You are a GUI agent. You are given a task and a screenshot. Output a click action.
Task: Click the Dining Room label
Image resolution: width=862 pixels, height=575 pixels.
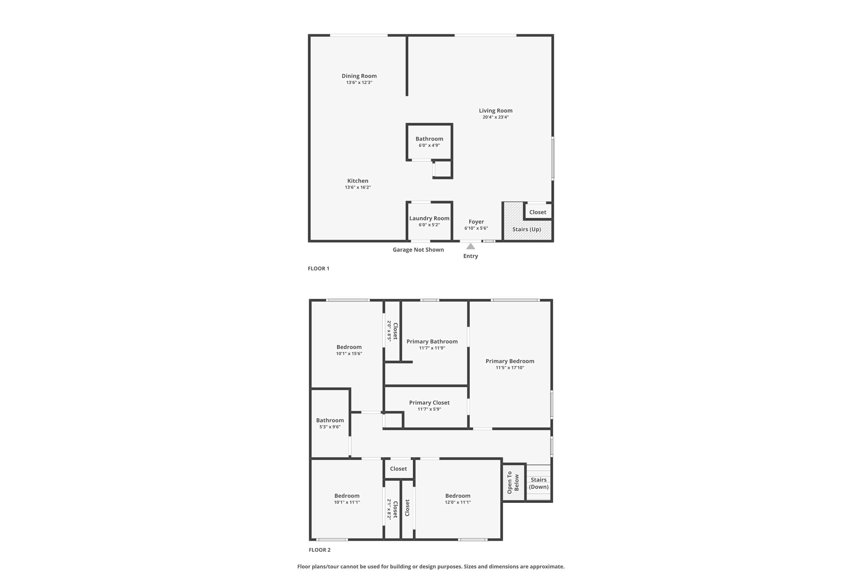coord(359,76)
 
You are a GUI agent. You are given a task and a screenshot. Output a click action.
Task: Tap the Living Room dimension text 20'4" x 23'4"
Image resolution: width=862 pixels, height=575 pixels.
coord(495,117)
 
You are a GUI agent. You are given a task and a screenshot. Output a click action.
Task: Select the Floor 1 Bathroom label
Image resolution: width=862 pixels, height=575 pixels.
coord(429,139)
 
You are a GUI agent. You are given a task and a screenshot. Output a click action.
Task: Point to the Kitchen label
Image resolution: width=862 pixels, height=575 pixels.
coord(358,181)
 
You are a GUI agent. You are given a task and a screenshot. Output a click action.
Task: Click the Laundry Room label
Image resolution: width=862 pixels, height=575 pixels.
coord(429,218)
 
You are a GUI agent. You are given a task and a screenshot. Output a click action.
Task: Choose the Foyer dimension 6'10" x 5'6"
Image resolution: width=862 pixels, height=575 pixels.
coord(476,228)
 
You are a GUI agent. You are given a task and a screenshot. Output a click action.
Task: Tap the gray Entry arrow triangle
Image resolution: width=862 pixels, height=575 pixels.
coord(471,246)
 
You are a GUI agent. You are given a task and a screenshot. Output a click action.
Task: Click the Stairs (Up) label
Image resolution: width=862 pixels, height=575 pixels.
coord(527,229)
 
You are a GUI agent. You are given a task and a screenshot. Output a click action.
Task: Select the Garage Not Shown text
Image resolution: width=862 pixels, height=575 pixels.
coord(418,250)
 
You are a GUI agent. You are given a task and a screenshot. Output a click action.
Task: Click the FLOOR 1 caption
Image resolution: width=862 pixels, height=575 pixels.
coord(318,269)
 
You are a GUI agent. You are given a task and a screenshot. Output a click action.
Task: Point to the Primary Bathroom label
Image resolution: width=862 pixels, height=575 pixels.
coord(432,342)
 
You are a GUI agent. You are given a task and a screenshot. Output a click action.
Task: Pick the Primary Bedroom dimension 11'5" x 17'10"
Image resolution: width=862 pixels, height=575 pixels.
coord(510,368)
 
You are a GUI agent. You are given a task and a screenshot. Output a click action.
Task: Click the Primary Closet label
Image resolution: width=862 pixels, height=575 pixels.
coord(429,403)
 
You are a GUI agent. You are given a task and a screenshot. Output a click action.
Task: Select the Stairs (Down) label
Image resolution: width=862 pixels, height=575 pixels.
coord(538,483)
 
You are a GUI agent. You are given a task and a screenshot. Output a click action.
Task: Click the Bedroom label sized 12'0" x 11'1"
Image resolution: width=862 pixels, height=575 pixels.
coord(458,496)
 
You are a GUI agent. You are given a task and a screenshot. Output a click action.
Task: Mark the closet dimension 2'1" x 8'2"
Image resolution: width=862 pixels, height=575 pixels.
coord(389,509)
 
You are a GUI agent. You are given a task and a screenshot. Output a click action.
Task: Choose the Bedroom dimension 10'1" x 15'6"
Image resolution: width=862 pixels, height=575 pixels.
coord(349,354)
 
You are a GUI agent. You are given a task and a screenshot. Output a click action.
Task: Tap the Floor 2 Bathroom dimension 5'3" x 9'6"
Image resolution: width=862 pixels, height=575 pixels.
coord(330,427)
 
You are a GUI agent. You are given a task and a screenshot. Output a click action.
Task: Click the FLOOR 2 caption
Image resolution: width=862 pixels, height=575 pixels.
coord(320,550)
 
